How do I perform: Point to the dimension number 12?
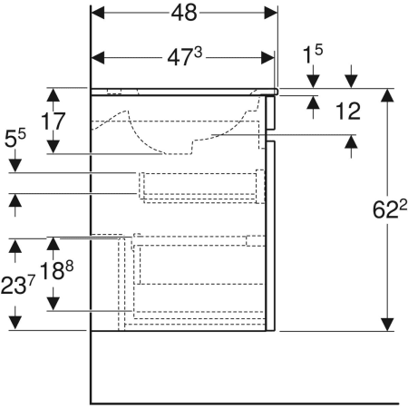coord(349,112)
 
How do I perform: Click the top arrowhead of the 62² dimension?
coord(388,95)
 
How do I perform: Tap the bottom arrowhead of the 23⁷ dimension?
coord(15,324)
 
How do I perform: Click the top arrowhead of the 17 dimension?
coord(53,94)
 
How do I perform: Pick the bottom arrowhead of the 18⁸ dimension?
coord(53,304)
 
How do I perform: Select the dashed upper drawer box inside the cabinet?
coord(200,186)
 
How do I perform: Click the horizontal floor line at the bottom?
coord(245,402)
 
